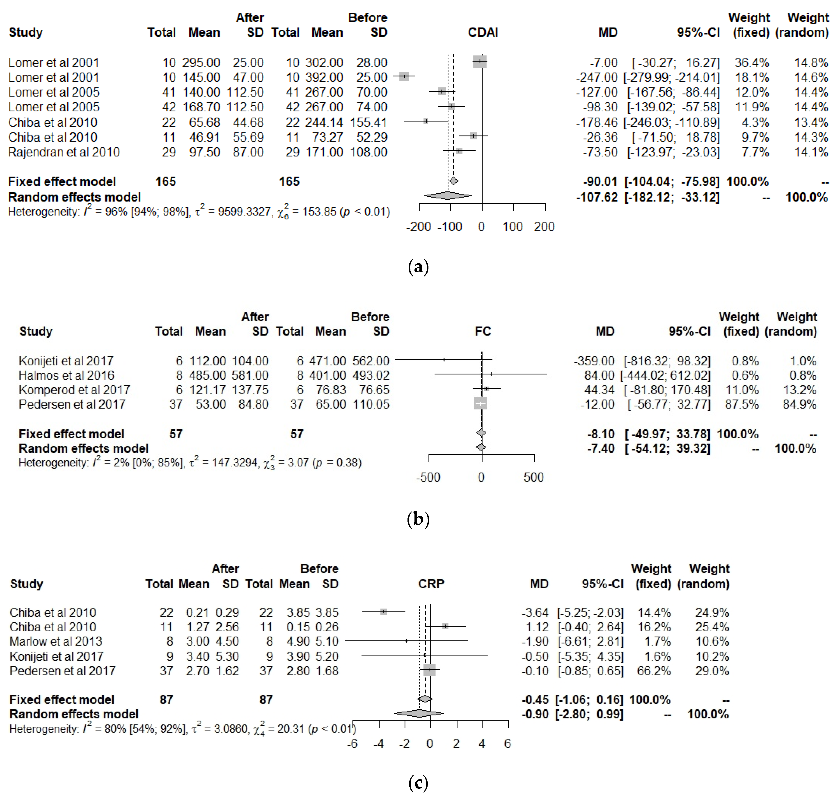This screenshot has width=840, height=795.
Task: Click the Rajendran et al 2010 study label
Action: click(x=64, y=152)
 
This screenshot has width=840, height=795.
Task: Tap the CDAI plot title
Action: click(x=483, y=33)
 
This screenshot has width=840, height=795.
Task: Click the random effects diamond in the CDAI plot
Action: click(x=448, y=196)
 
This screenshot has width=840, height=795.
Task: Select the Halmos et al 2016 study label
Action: click(x=66, y=375)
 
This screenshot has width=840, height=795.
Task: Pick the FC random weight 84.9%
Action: click(x=799, y=404)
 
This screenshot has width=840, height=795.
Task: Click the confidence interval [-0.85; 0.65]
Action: click(x=591, y=671)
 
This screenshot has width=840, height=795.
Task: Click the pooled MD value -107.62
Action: click(x=597, y=197)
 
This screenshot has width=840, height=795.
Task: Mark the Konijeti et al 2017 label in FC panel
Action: click(x=66, y=361)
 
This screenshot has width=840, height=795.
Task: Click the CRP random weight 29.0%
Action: click(x=712, y=671)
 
